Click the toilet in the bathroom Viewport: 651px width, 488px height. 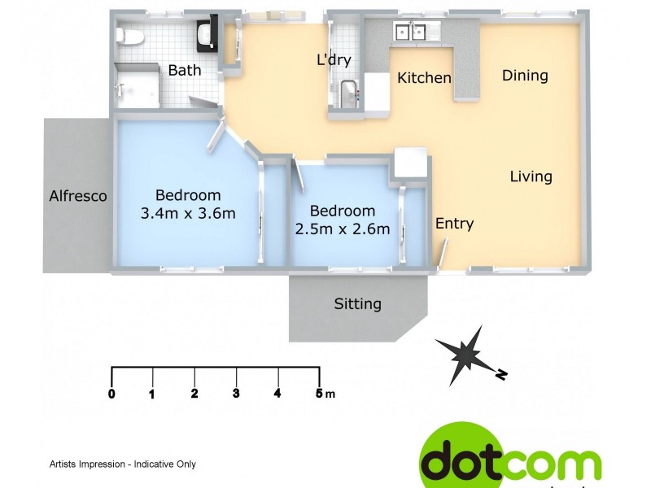(x=129, y=35)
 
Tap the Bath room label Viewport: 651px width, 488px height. (x=185, y=71)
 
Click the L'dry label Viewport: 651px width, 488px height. (x=333, y=59)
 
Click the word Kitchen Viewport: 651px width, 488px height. (x=424, y=78)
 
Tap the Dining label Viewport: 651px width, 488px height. (x=525, y=76)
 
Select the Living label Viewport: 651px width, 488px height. (x=531, y=176)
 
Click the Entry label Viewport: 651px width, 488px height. (x=454, y=224)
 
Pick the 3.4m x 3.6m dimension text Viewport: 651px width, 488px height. (x=188, y=214)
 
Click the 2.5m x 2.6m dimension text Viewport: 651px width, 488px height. (x=343, y=229)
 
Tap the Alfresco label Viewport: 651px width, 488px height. (x=78, y=196)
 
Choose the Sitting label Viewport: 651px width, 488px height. (x=358, y=304)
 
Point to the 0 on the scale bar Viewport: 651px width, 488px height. (x=111, y=394)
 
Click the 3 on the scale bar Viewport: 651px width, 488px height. (x=236, y=394)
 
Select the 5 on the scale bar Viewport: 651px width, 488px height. (x=319, y=394)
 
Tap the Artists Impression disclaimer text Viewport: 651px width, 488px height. (x=123, y=464)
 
